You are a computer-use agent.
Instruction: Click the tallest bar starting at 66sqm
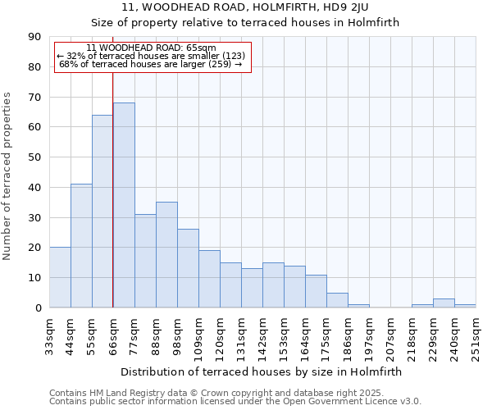(124, 205)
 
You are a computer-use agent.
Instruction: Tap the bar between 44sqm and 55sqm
(81, 246)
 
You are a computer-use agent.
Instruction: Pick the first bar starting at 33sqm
(60, 277)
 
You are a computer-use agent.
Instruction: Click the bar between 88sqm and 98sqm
(166, 255)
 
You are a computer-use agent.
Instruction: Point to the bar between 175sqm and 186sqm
(337, 300)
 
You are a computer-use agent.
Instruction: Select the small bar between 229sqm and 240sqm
(444, 303)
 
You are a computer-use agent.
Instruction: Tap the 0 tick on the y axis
(39, 307)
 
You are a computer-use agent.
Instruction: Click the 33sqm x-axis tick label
(49, 335)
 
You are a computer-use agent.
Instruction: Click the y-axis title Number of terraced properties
(8, 176)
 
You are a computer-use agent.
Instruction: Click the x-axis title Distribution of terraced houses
(262, 371)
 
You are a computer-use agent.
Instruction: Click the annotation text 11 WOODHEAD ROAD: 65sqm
(151, 48)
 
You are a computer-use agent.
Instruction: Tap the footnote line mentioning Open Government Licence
(235, 402)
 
